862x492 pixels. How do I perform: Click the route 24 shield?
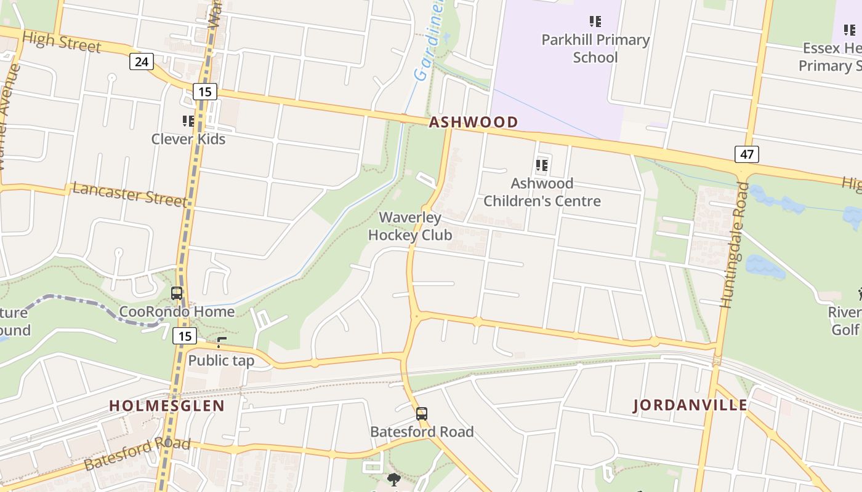tap(142, 61)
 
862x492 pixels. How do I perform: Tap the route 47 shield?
tap(746, 154)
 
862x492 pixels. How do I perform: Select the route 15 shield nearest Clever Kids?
tap(204, 92)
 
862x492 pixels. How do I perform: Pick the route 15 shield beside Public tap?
tap(185, 336)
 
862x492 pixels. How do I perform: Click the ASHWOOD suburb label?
tap(473, 122)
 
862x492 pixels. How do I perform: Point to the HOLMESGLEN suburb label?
tap(167, 406)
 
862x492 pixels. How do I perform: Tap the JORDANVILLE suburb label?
tap(690, 405)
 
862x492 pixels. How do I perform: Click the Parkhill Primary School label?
tap(595, 49)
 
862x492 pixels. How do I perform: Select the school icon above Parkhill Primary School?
tap(595, 22)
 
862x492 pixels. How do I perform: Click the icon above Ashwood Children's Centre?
tap(542, 165)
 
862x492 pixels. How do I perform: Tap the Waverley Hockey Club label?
tap(410, 226)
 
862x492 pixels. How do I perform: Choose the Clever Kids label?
tap(188, 139)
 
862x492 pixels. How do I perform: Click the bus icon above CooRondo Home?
tap(177, 293)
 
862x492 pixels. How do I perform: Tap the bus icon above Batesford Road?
tap(422, 414)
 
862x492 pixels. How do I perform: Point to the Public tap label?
tap(221, 360)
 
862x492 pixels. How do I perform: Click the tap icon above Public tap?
tap(222, 343)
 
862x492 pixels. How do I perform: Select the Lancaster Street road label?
tap(129, 194)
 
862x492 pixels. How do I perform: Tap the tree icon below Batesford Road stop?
tap(394, 479)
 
